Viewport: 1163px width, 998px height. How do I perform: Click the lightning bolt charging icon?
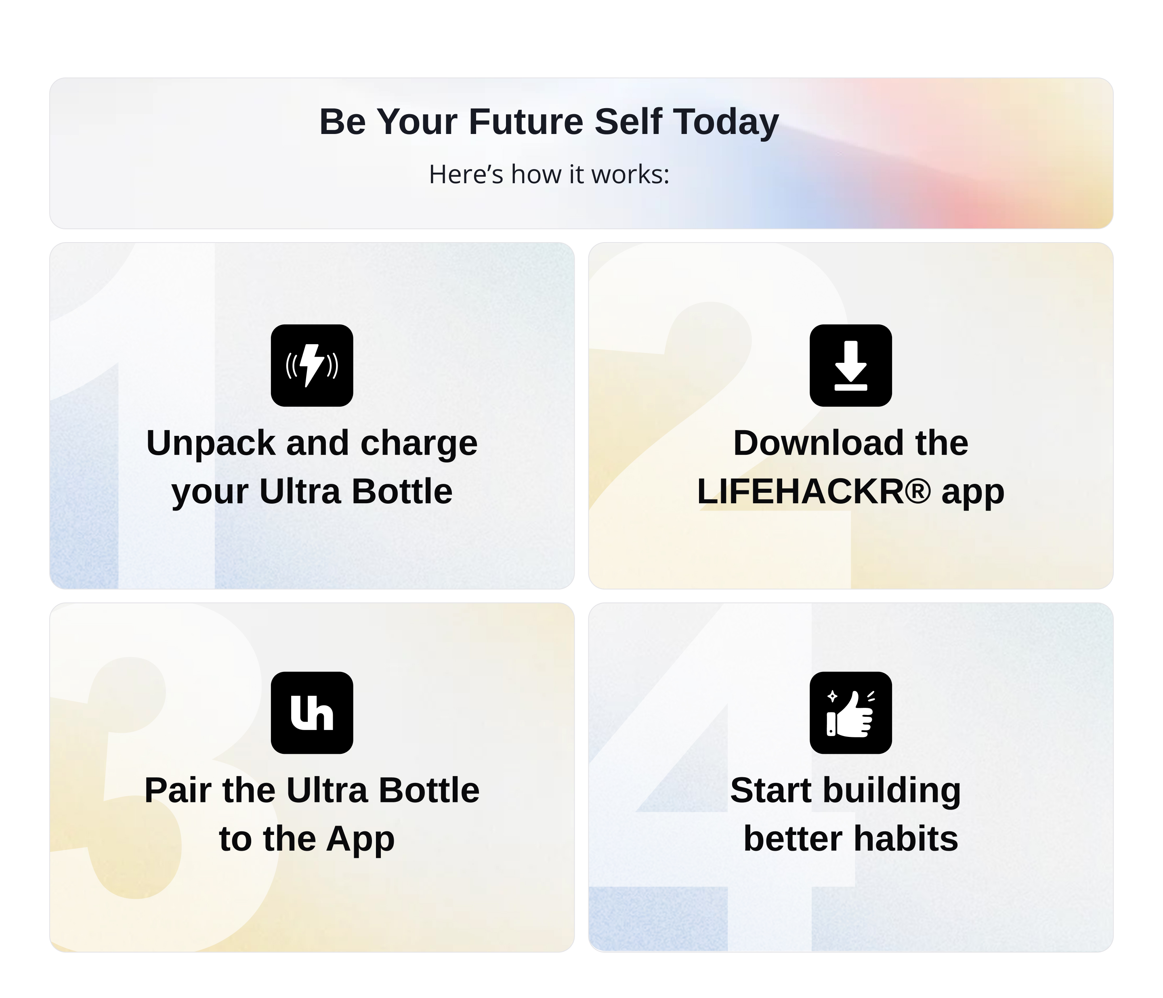click(311, 365)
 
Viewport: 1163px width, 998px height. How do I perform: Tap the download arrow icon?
click(850, 365)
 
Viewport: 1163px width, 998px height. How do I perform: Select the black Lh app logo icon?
click(311, 712)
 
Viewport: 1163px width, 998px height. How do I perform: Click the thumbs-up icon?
click(850, 712)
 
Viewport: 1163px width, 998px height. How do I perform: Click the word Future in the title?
click(526, 122)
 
